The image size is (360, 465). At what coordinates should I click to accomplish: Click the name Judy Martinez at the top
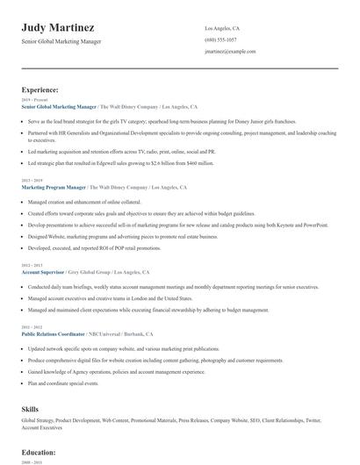tap(58, 28)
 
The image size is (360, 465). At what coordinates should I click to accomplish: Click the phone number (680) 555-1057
tap(220, 40)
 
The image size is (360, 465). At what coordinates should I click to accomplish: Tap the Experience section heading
tap(40, 89)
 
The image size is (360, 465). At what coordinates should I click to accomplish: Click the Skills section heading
tap(32, 408)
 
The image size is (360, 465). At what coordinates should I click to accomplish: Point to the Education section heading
tap(39, 452)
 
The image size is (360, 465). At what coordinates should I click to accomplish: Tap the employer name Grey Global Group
tap(102, 272)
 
